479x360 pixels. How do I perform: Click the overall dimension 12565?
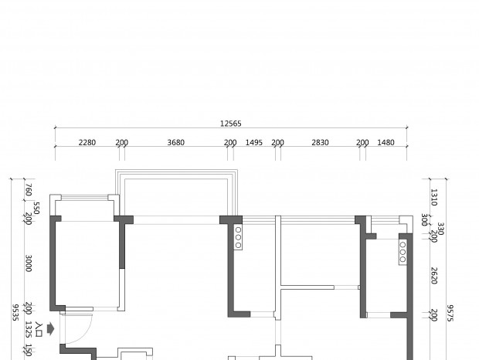(231, 124)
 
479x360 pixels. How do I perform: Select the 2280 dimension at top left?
(87, 143)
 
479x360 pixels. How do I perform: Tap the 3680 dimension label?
(176, 143)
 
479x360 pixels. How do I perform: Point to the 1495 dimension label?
(254, 143)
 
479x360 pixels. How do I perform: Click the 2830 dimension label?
(320, 143)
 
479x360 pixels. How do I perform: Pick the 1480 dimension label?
(386, 143)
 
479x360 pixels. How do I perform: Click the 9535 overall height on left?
(15, 312)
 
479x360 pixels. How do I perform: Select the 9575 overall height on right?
(450, 313)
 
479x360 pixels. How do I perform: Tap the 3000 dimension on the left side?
(29, 263)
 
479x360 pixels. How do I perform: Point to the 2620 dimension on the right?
(433, 276)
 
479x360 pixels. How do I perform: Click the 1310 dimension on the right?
(433, 197)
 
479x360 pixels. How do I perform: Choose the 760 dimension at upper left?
(29, 190)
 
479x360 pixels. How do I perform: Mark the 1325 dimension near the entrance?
(29, 329)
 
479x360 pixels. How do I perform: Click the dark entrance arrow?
(51, 329)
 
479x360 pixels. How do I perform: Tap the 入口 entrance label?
(39, 329)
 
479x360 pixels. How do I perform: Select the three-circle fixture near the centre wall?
(238, 237)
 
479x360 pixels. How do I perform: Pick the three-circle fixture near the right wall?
(403, 252)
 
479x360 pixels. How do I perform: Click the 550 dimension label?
(36, 208)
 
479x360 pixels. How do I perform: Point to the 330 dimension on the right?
(440, 229)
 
